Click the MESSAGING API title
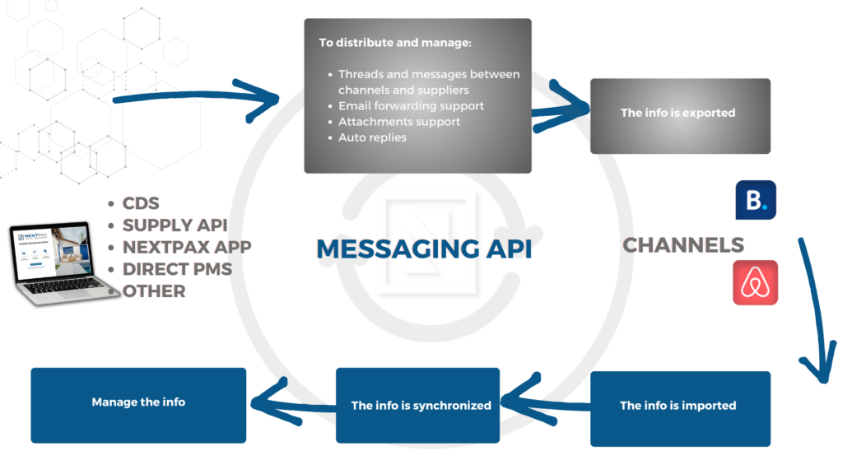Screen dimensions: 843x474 (424, 249)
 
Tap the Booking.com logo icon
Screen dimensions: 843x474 (756, 200)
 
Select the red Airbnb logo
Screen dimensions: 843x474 (755, 283)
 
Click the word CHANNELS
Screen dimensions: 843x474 (682, 245)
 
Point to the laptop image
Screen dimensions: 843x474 (59, 263)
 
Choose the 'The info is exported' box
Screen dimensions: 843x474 (680, 116)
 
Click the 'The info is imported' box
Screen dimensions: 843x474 (680, 408)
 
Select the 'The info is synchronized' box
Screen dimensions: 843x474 (417, 405)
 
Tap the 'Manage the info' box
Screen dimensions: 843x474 (138, 405)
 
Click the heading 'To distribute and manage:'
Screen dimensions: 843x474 (395, 43)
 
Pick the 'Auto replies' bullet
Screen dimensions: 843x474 (372, 137)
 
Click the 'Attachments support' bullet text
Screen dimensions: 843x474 (399, 122)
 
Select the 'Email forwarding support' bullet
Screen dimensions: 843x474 (411, 106)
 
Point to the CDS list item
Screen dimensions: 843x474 (141, 203)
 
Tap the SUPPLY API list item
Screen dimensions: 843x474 (175, 225)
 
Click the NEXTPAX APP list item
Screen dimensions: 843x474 (187, 247)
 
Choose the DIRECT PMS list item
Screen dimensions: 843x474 (177, 269)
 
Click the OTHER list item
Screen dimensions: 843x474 (154, 291)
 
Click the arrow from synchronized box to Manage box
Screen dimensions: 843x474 (293, 404)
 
